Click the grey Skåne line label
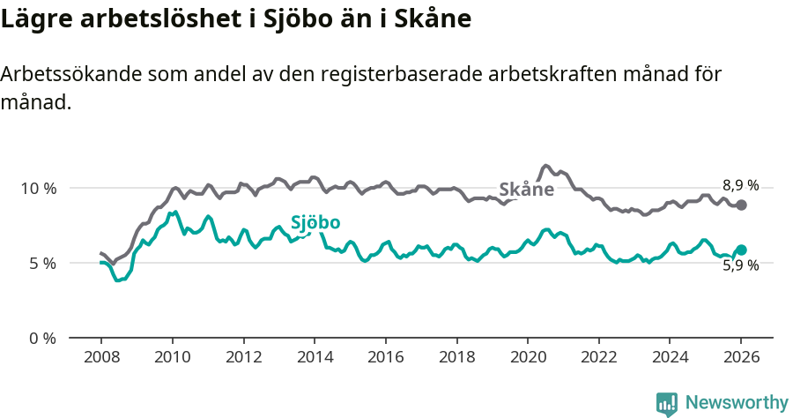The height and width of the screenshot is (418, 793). click(526, 190)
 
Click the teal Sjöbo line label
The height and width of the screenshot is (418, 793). click(315, 223)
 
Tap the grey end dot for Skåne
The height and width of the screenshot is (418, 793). click(742, 205)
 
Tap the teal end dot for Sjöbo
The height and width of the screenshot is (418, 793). click(742, 250)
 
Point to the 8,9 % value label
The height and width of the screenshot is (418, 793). click(740, 185)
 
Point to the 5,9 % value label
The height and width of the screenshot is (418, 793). click(740, 265)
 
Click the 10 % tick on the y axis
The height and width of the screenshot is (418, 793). click(38, 188)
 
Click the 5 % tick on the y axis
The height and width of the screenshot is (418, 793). click(42, 263)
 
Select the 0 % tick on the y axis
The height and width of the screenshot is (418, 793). click(42, 338)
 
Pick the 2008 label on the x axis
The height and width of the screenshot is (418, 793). click(100, 357)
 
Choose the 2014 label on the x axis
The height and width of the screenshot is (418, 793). click(314, 357)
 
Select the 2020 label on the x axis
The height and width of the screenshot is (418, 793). click(527, 357)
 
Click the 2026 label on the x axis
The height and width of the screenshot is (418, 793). click(741, 357)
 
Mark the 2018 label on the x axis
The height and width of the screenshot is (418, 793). click(456, 357)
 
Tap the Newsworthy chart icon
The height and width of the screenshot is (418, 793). click(667, 403)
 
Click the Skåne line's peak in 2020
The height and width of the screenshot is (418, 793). click(545, 166)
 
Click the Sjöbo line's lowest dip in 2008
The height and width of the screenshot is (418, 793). click(118, 280)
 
